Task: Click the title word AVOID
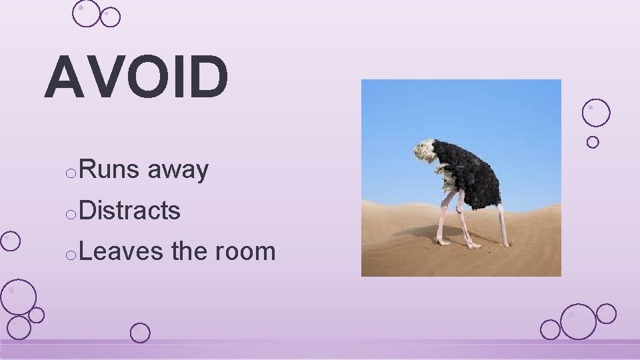pyautogui.click(x=137, y=77)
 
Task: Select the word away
pyautogui.click(x=178, y=171)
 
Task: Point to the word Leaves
pyautogui.click(x=121, y=251)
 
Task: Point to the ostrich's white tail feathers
pyautogui.click(x=423, y=150)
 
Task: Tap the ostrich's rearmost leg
pyautogui.click(x=503, y=227)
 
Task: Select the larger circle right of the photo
pyautogui.click(x=596, y=113)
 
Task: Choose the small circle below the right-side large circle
pyautogui.click(x=593, y=142)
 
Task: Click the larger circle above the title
pyautogui.click(x=86, y=13)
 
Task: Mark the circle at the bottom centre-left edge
pyautogui.click(x=140, y=333)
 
